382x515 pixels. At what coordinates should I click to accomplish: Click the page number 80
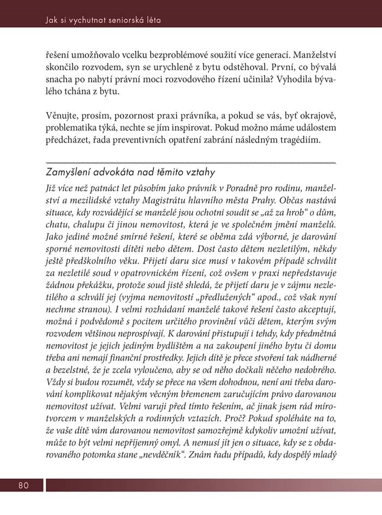(x=23, y=486)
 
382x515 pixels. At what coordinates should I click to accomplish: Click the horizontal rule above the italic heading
(x=190, y=163)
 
